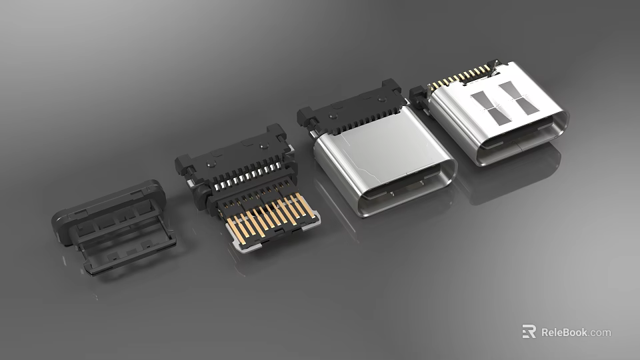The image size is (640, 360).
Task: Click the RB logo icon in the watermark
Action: click(x=529, y=331)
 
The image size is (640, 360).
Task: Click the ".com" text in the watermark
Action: click(x=600, y=332)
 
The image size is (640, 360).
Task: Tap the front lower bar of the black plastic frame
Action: click(x=130, y=257)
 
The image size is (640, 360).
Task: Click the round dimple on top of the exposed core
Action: click(x=212, y=161)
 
